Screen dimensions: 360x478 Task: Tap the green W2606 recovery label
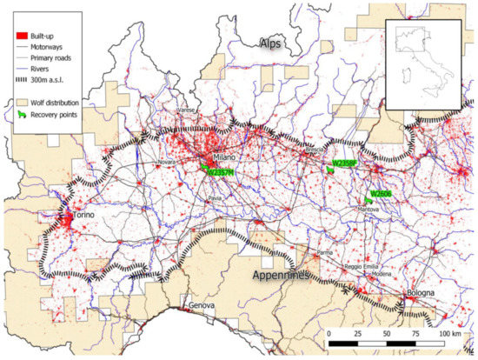click(382, 193)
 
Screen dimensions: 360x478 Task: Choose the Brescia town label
click(315, 150)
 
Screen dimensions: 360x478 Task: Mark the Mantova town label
click(367, 210)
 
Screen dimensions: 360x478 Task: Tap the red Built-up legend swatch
click(20, 34)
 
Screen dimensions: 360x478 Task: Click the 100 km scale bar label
click(451, 334)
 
